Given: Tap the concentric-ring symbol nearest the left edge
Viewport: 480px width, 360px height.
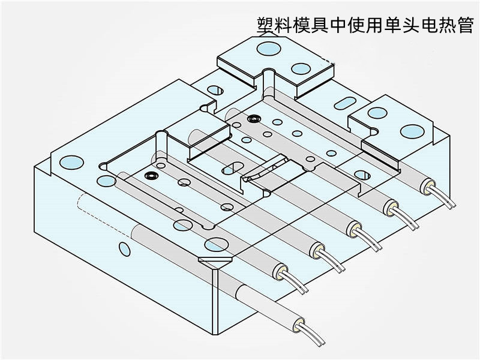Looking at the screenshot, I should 151,176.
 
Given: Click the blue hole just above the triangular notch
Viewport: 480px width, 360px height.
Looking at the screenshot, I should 213,244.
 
